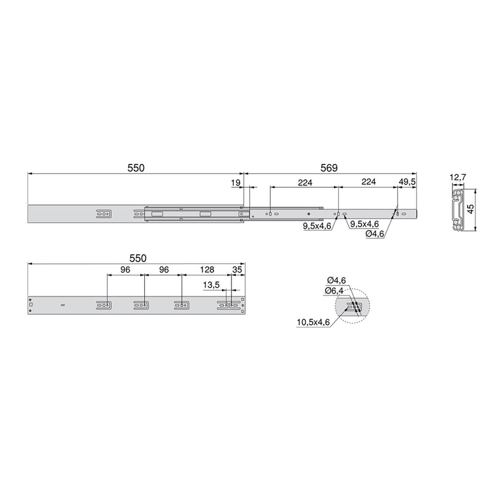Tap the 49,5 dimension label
[407, 182]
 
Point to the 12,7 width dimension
[458, 178]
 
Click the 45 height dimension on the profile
[470, 209]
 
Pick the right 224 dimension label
[368, 182]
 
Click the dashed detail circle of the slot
[354, 306]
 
